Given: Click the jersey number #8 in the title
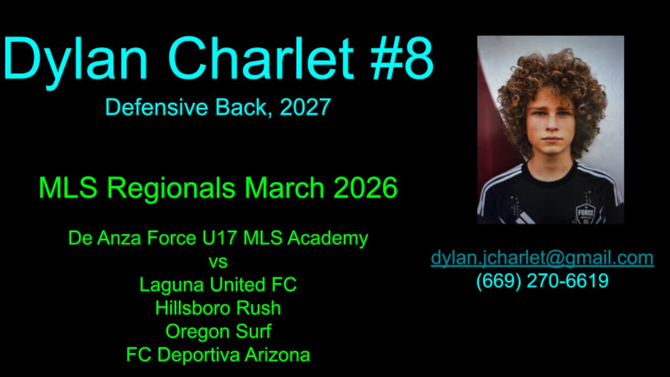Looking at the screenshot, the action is point(401,58).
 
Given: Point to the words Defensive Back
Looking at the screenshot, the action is point(186,107).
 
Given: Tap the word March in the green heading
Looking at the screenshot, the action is point(284,187).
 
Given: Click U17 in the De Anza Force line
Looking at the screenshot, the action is point(219,238).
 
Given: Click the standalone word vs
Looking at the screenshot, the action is point(218,262).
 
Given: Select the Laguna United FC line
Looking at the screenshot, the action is point(218,284).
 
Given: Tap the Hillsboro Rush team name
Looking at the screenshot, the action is point(218,308).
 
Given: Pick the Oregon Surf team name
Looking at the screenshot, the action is point(218,332).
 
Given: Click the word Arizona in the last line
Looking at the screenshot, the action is point(277,355).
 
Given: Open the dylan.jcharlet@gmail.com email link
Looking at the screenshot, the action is point(542,258).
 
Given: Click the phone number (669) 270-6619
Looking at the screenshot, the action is point(542,281).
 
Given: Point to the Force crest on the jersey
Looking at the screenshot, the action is point(585,213).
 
